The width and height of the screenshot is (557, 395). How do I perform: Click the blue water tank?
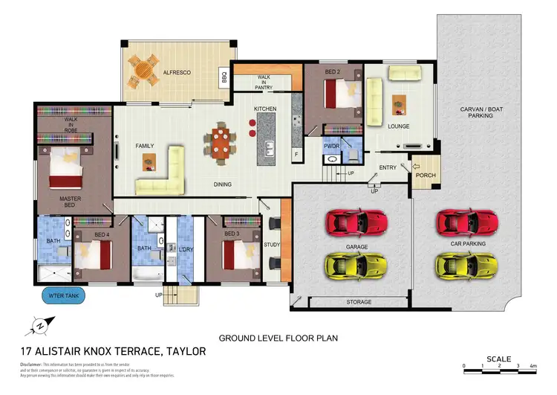tap(64, 295)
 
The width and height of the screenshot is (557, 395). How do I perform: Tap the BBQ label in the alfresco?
tap(224, 76)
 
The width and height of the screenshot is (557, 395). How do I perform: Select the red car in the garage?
tap(356, 221)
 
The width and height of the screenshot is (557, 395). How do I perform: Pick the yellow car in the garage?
tap(356, 264)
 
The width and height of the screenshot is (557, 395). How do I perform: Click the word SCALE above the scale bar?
tap(498, 359)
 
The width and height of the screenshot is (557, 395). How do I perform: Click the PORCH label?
tap(426, 176)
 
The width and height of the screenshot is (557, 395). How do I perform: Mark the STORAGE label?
tap(359, 303)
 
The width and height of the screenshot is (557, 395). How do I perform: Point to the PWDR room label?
tap(331, 147)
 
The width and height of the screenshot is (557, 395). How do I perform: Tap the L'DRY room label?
tap(186, 248)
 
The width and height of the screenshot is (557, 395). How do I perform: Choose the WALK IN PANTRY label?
tap(264, 81)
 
